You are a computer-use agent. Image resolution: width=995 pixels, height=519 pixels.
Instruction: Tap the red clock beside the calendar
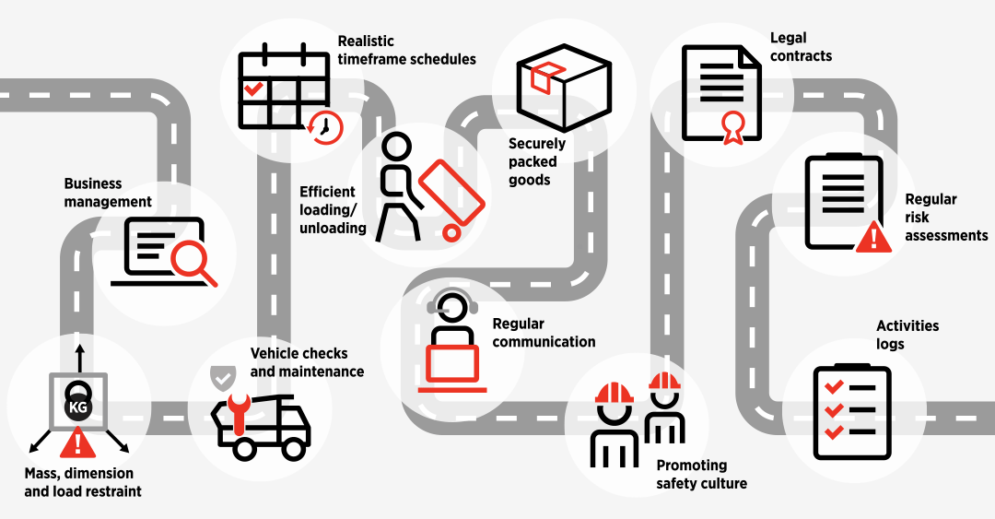pos(325,127)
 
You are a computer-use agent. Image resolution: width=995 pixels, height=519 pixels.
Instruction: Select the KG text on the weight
pos(77,407)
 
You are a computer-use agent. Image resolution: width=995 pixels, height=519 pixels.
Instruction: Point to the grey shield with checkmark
pos(222,376)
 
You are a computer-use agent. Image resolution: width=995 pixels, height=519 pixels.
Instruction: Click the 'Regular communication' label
pos(544,333)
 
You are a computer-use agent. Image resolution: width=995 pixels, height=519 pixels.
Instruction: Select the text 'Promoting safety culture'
pos(701,474)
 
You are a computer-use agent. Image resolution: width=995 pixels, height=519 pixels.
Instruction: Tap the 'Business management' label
pos(108,193)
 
